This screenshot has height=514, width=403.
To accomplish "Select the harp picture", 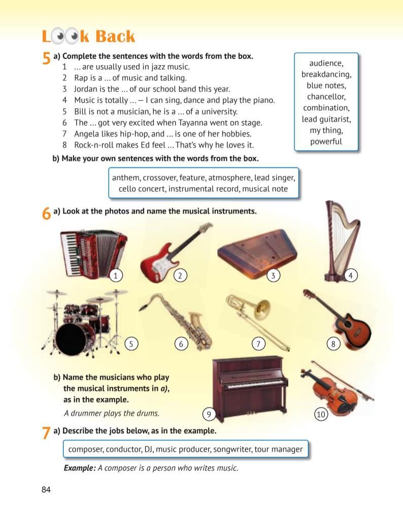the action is (342, 241).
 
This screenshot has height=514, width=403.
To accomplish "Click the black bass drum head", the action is (71, 338).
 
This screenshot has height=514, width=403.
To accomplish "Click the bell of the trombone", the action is (262, 309).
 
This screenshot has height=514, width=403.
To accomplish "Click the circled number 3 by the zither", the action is (273, 275).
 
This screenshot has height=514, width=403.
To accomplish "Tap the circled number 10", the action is (321, 414).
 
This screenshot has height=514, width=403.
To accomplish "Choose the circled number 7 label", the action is (258, 344).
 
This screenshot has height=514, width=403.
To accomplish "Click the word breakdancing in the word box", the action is (326, 75).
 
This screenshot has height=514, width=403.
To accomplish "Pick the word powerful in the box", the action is (326, 141).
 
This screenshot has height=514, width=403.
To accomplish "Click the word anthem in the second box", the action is (126, 178).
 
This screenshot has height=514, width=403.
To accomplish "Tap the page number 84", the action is (46, 490).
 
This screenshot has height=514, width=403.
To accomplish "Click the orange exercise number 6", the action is (46, 213).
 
